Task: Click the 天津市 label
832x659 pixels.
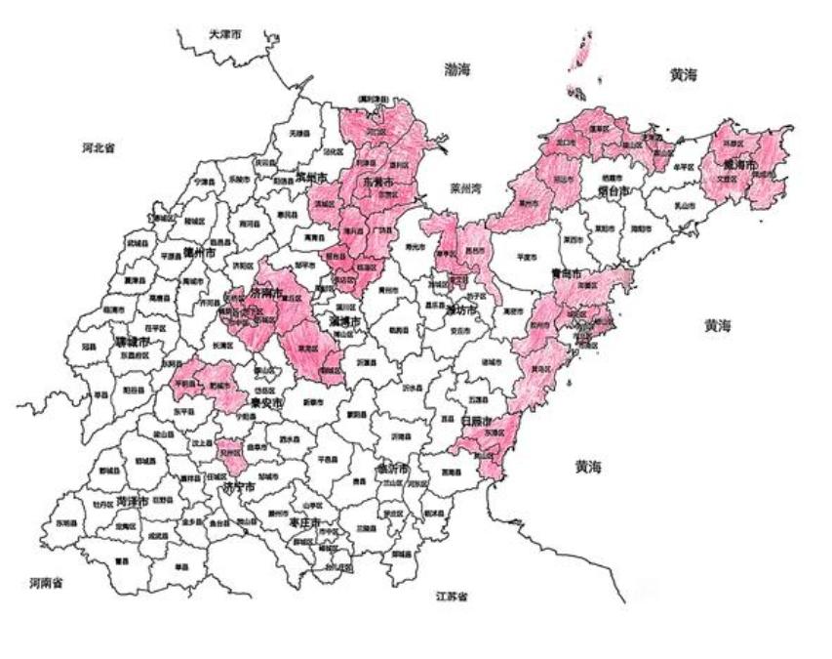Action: pyautogui.click(x=224, y=34)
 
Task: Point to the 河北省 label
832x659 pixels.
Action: pyautogui.click(x=98, y=148)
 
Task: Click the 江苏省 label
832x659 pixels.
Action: pyautogui.click(x=451, y=596)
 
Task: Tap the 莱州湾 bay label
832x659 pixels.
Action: pyautogui.click(x=468, y=187)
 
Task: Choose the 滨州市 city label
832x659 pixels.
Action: pyautogui.click(x=312, y=177)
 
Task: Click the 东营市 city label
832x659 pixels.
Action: pyautogui.click(x=378, y=183)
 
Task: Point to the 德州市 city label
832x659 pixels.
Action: pyautogui.click(x=199, y=251)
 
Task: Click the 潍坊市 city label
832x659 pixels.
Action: pyautogui.click(x=460, y=309)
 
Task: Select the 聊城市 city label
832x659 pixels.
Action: pyautogui.click(x=131, y=343)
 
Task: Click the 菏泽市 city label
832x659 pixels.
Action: pyautogui.click(x=132, y=501)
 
